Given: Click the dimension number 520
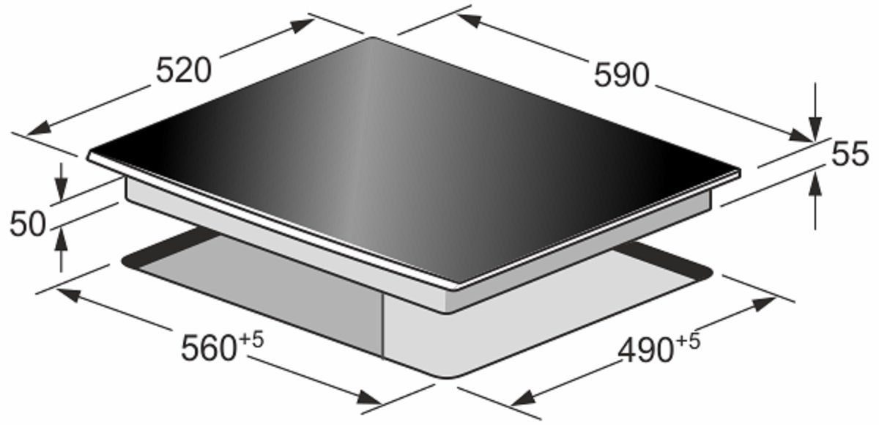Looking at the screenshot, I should tap(184, 71).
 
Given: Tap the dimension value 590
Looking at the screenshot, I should tap(621, 75).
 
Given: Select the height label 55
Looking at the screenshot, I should tap(850, 155).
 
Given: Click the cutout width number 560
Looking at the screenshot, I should tap(208, 348).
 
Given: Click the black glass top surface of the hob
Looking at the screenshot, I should tap(410, 154).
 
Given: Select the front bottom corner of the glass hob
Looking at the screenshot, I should tap(448, 282).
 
